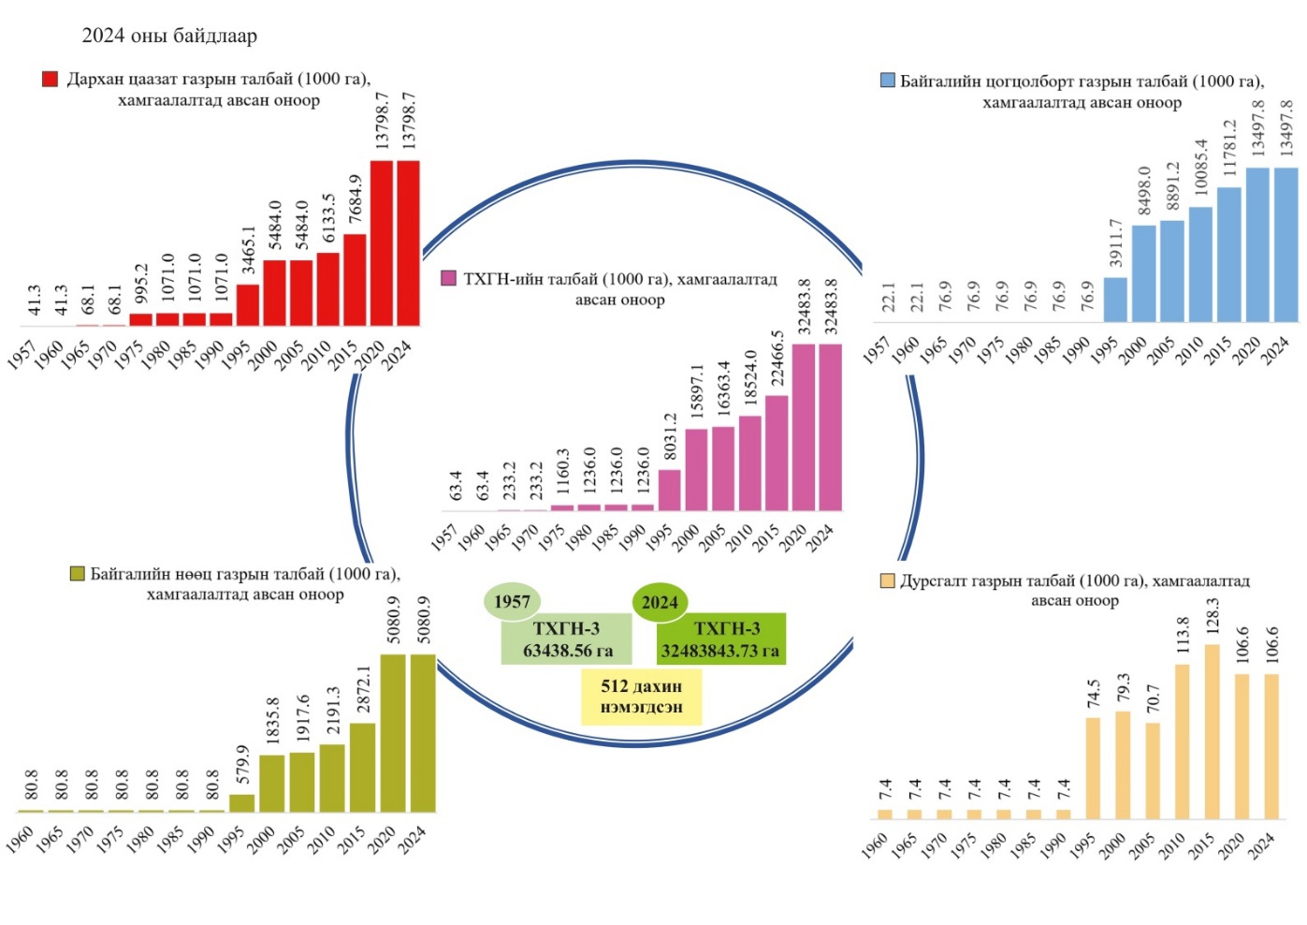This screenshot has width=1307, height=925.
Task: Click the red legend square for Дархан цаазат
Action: point(51,79)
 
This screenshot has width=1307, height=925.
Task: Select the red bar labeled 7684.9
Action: point(355,279)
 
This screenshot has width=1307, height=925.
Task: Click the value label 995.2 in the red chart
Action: point(141,284)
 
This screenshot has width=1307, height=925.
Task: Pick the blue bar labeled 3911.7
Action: point(1115,299)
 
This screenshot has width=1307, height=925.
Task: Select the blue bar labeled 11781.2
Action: point(1229,254)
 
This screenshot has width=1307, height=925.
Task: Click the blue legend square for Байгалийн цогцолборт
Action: point(888,81)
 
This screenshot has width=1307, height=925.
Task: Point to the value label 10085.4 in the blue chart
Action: point(1201,167)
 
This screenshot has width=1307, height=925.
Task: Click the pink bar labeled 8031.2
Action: point(669,490)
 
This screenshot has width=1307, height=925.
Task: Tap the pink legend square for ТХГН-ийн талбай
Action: point(448,278)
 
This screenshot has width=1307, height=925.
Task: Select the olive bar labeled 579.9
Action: point(241,802)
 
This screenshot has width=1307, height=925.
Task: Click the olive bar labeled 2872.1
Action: point(362,767)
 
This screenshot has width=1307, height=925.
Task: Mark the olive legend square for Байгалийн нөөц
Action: point(77,573)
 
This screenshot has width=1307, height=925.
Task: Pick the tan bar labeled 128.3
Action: point(1213,731)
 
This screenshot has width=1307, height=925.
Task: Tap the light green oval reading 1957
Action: point(512,601)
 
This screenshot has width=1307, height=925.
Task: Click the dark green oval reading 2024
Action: point(660,602)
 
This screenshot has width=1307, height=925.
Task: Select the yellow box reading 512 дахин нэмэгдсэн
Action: point(641,697)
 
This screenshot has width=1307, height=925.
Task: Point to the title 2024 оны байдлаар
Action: point(169,36)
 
